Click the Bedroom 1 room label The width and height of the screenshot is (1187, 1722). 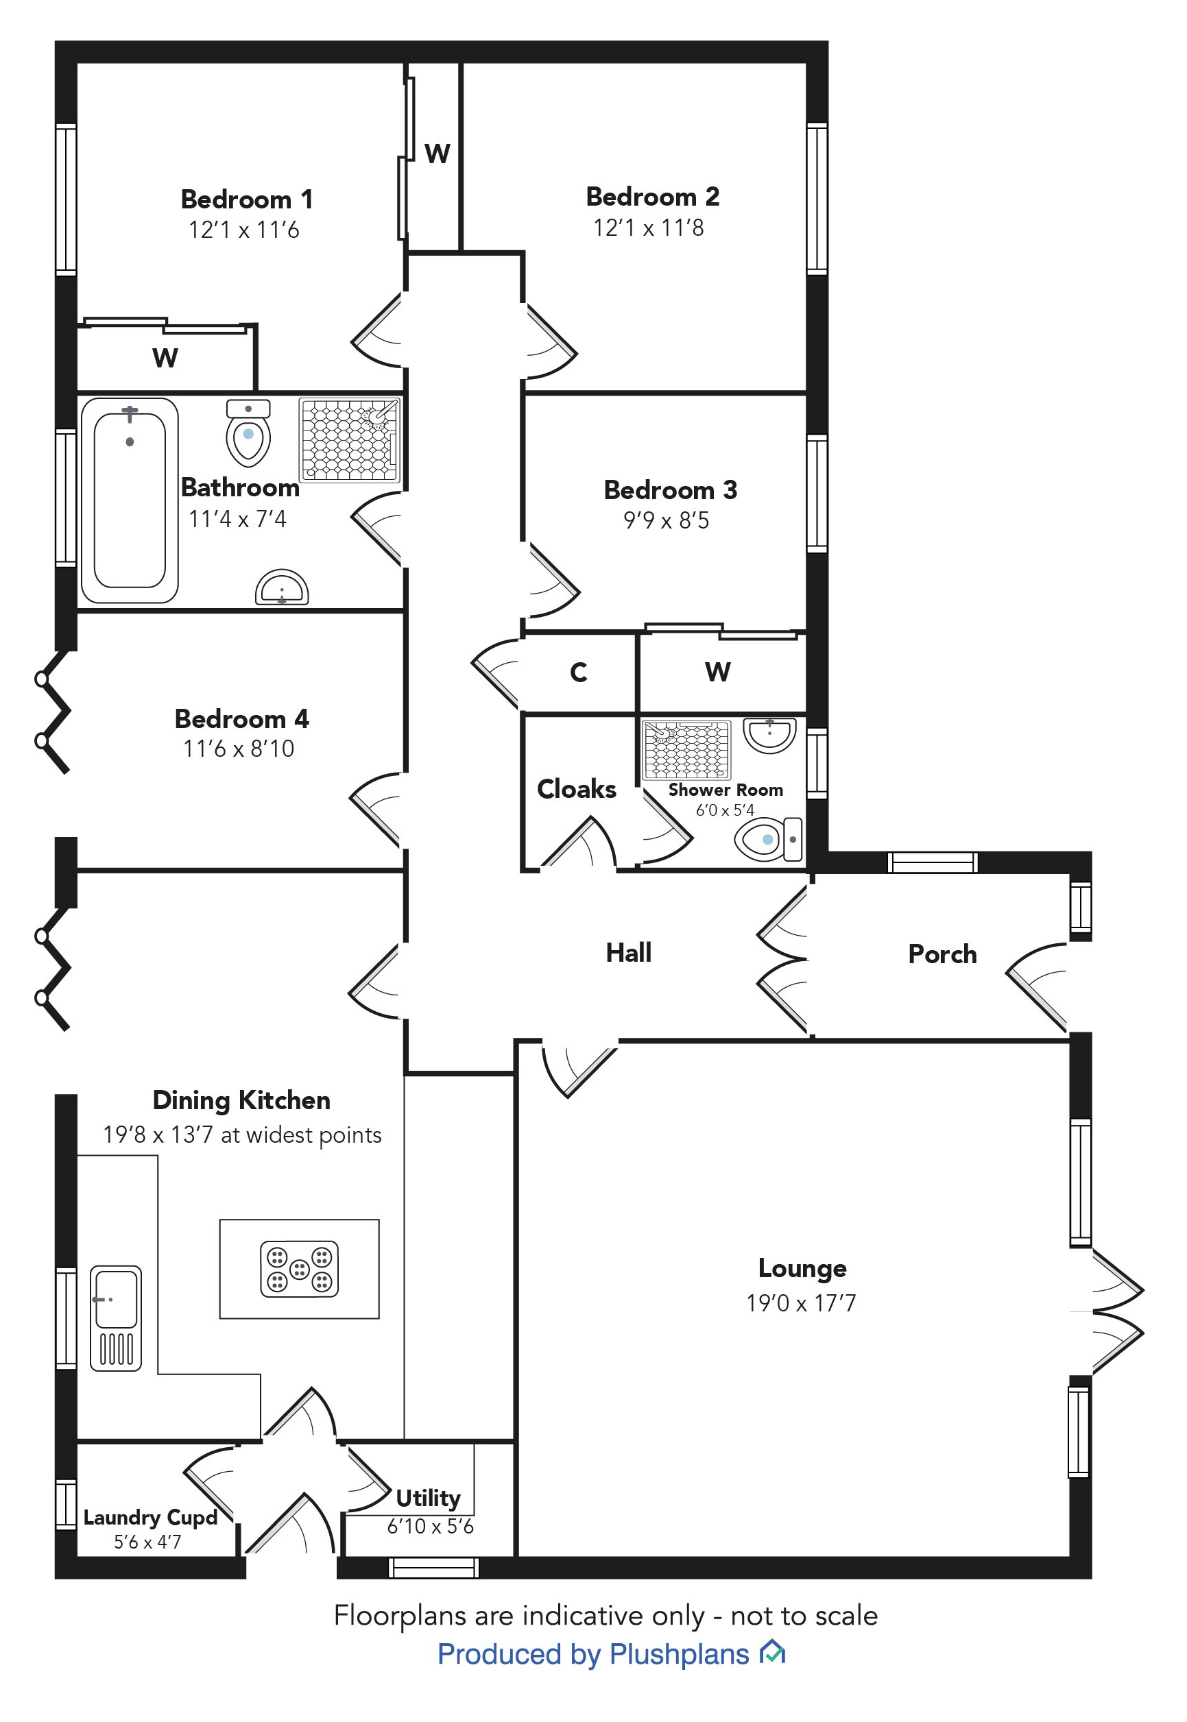[246, 199]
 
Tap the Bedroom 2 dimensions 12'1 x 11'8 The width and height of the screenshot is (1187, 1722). [648, 228]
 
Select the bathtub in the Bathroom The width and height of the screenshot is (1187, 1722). [130, 500]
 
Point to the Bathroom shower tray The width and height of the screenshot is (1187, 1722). [349, 440]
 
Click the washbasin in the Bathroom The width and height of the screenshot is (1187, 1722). [282, 589]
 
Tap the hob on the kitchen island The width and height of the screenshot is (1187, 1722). [299, 1269]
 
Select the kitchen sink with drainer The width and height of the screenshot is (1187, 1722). [115, 1318]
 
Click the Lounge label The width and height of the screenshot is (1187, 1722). [802, 1268]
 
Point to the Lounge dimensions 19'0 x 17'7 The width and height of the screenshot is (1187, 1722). [801, 1303]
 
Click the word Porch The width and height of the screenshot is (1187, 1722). [942, 954]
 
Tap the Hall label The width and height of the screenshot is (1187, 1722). [628, 952]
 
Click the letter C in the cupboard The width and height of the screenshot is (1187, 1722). [578, 672]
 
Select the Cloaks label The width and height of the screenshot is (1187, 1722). [577, 789]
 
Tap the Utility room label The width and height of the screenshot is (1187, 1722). [428, 1497]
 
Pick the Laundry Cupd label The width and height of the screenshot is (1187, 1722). [149, 1517]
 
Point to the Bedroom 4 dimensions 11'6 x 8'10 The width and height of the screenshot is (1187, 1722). [239, 749]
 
